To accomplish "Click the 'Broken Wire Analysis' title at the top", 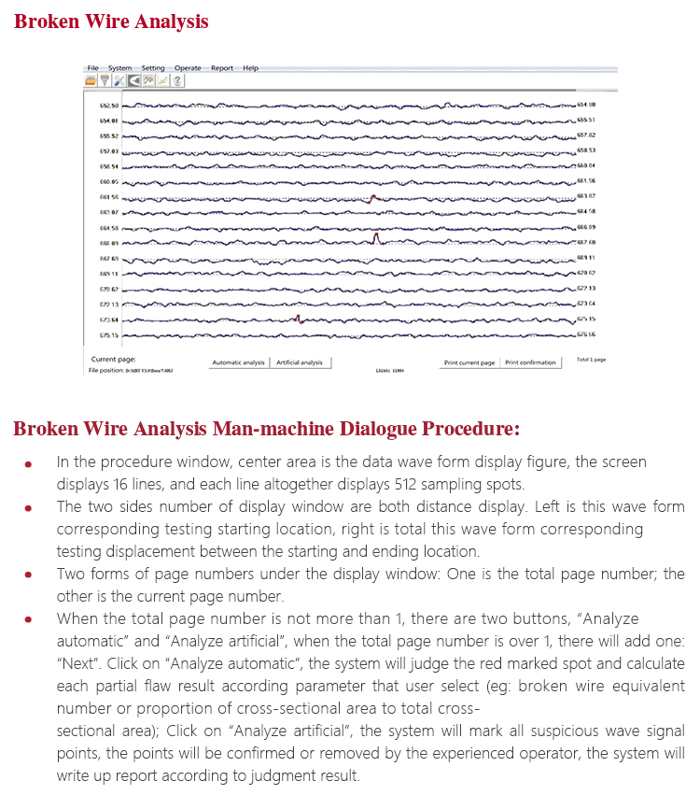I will (111, 21).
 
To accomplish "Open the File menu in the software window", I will (92, 68).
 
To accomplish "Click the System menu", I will (119, 68).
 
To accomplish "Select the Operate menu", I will (188, 68).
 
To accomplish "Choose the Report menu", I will (222, 68).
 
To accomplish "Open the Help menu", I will (251, 68).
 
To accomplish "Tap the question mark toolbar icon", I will (177, 81).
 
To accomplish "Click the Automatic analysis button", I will (238, 362).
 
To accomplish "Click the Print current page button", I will (469, 362).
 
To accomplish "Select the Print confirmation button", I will (530, 362).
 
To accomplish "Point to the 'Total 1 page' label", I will (591, 360).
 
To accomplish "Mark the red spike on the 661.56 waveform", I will (372, 197).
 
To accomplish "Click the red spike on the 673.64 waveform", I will (297, 319).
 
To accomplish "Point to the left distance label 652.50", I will (108, 106).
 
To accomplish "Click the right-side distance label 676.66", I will (586, 334).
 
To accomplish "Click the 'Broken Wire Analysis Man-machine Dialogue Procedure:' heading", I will (266, 430).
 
